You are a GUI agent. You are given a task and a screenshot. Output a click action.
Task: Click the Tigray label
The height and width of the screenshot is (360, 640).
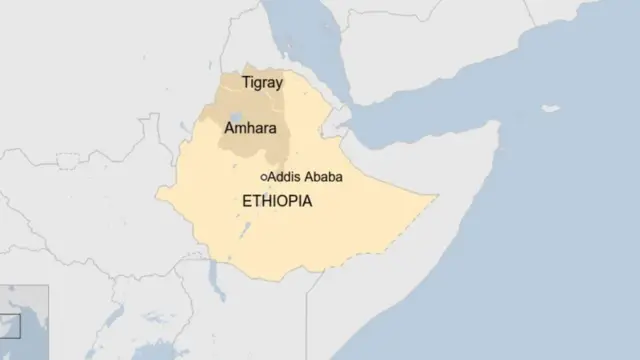point(263,83)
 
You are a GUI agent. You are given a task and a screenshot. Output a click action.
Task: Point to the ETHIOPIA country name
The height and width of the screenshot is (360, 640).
point(277,201)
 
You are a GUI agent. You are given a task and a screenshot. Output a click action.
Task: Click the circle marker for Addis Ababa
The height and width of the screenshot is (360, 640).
point(264,177)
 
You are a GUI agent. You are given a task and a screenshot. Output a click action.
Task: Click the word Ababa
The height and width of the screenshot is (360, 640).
point(324,177)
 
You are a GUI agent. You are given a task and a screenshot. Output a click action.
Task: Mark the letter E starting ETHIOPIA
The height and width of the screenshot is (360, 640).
point(248,201)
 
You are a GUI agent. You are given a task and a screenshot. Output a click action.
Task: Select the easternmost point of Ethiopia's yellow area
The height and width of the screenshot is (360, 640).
point(437,197)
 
